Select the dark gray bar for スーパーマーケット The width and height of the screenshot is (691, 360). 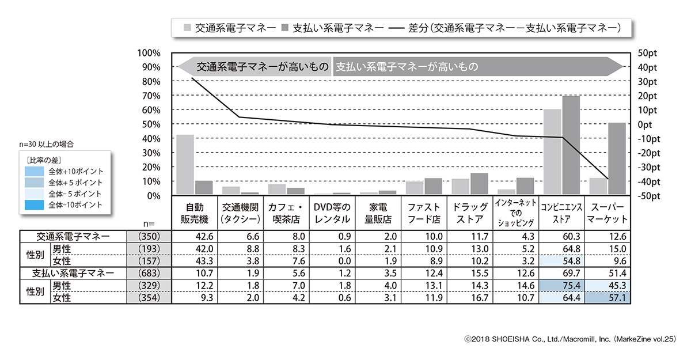pos(617,158)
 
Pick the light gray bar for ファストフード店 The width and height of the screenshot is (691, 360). pos(414,188)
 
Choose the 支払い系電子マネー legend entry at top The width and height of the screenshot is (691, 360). pos(332,27)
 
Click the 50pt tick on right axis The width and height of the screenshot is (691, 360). pos(648,53)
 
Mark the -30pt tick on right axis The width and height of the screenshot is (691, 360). pos(648,167)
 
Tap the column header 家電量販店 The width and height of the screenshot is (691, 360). pos(378,213)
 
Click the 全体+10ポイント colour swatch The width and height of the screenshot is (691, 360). pos(34,172)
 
